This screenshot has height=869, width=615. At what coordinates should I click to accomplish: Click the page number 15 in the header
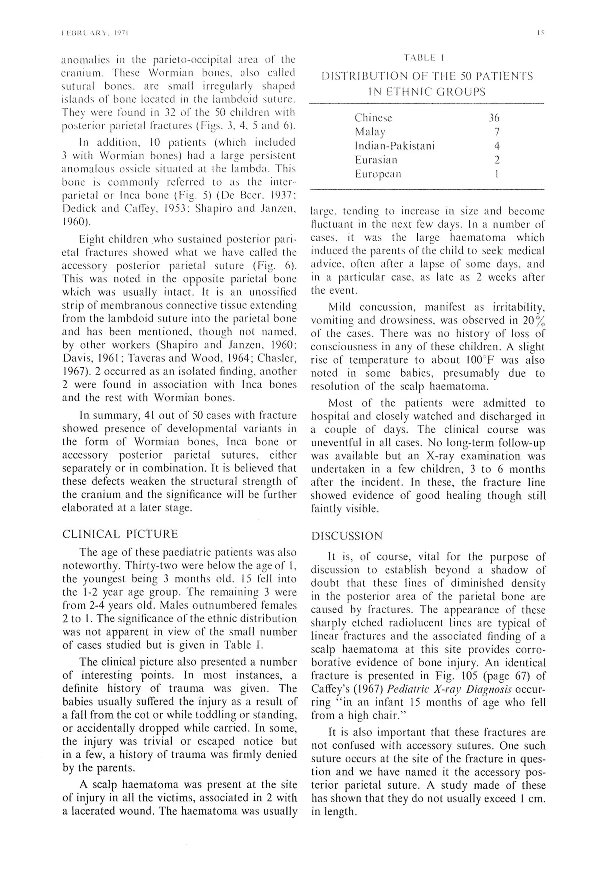point(541,33)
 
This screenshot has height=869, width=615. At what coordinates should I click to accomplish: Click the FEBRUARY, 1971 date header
point(95,33)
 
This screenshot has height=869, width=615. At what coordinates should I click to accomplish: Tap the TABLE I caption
point(424,58)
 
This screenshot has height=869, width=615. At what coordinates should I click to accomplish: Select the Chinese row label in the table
point(373,118)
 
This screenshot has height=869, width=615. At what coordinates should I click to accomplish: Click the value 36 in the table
point(494,118)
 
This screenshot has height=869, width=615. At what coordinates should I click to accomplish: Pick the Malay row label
point(370,132)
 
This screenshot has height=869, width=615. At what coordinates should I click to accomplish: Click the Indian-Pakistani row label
point(394,146)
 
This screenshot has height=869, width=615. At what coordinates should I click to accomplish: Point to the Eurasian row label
point(376,160)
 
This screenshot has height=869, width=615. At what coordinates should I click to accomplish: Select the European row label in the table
point(377,174)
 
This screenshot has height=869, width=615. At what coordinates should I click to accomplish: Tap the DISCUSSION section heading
point(347,536)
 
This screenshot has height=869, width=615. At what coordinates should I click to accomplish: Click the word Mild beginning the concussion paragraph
point(340,307)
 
